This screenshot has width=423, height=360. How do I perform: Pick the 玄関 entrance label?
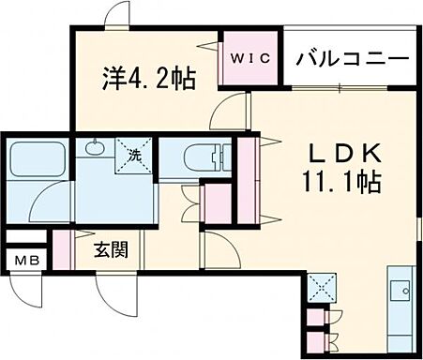coord(110,250)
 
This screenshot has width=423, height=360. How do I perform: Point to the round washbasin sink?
coord(95,147)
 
